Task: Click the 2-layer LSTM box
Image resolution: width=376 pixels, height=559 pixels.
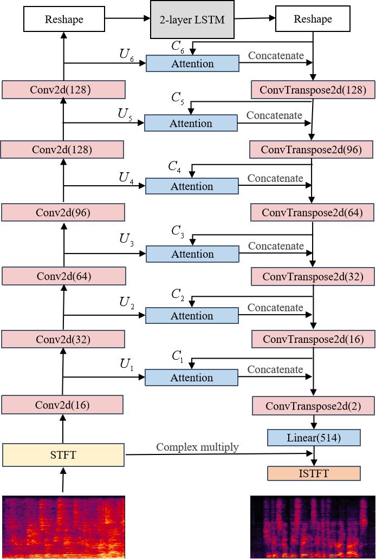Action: [x=192, y=19]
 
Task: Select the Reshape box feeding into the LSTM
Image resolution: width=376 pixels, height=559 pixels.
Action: [x=64, y=19]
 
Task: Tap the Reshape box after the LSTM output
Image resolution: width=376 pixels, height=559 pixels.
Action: [x=313, y=19]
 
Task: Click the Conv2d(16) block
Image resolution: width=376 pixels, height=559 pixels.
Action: [x=62, y=405]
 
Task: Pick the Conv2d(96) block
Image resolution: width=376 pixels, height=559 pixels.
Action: [x=63, y=212]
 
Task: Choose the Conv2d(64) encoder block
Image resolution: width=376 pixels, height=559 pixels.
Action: [x=63, y=276]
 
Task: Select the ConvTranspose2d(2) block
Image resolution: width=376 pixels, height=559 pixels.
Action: [x=314, y=406]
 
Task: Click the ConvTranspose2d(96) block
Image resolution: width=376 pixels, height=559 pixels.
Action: [x=312, y=149]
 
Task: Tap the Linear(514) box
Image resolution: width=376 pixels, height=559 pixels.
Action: [x=314, y=438]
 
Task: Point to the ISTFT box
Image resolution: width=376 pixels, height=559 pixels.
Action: [x=314, y=473]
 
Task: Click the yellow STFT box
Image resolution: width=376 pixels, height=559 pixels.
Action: [x=63, y=455]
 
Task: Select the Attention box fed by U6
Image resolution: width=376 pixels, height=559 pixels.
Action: [x=193, y=63]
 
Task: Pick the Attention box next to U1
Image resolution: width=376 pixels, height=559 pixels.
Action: [x=191, y=378]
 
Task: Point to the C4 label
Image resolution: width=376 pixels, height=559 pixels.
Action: [x=174, y=167]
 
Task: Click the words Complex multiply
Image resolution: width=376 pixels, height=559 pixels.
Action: [x=197, y=447]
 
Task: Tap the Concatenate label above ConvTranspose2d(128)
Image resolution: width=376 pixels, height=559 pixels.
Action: [x=276, y=56]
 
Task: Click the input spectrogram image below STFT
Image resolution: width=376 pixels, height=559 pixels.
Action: [x=63, y=527]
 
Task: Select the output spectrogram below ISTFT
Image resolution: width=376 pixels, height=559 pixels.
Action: [x=313, y=527]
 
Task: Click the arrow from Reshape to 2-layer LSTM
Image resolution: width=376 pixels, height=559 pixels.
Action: [x=127, y=18]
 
